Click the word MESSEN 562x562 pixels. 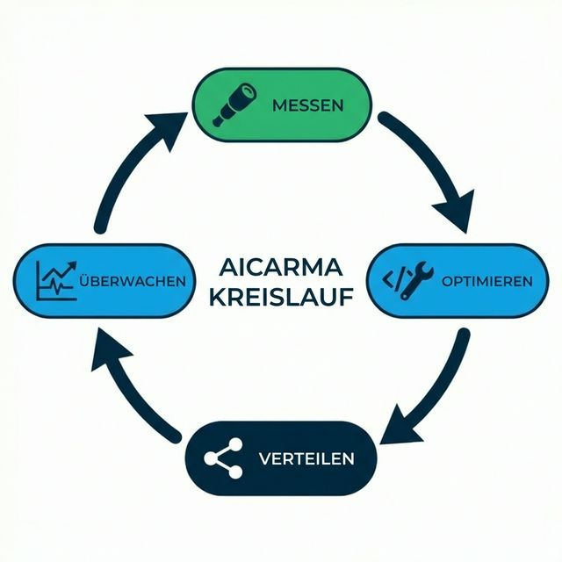coord(307,104)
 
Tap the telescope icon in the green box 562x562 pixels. coord(236,102)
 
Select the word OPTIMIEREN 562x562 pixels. coord(487,281)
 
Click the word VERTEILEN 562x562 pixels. coord(306,458)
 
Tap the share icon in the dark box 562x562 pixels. coord(223,458)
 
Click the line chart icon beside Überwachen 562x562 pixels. coord(55,280)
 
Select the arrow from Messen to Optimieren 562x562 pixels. coord(430,167)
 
